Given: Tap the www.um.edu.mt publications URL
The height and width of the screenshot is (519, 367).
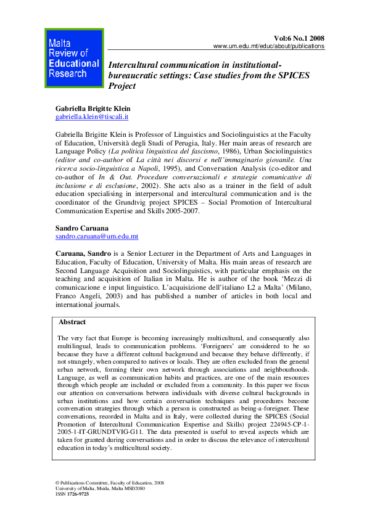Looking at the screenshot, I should [x=268, y=47].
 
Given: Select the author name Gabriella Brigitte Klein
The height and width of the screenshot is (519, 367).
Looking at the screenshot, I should [x=93, y=108].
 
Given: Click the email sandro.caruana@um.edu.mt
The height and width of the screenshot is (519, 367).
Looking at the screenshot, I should [x=96, y=236].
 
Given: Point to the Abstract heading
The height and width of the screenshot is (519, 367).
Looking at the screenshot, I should [x=72, y=322].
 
